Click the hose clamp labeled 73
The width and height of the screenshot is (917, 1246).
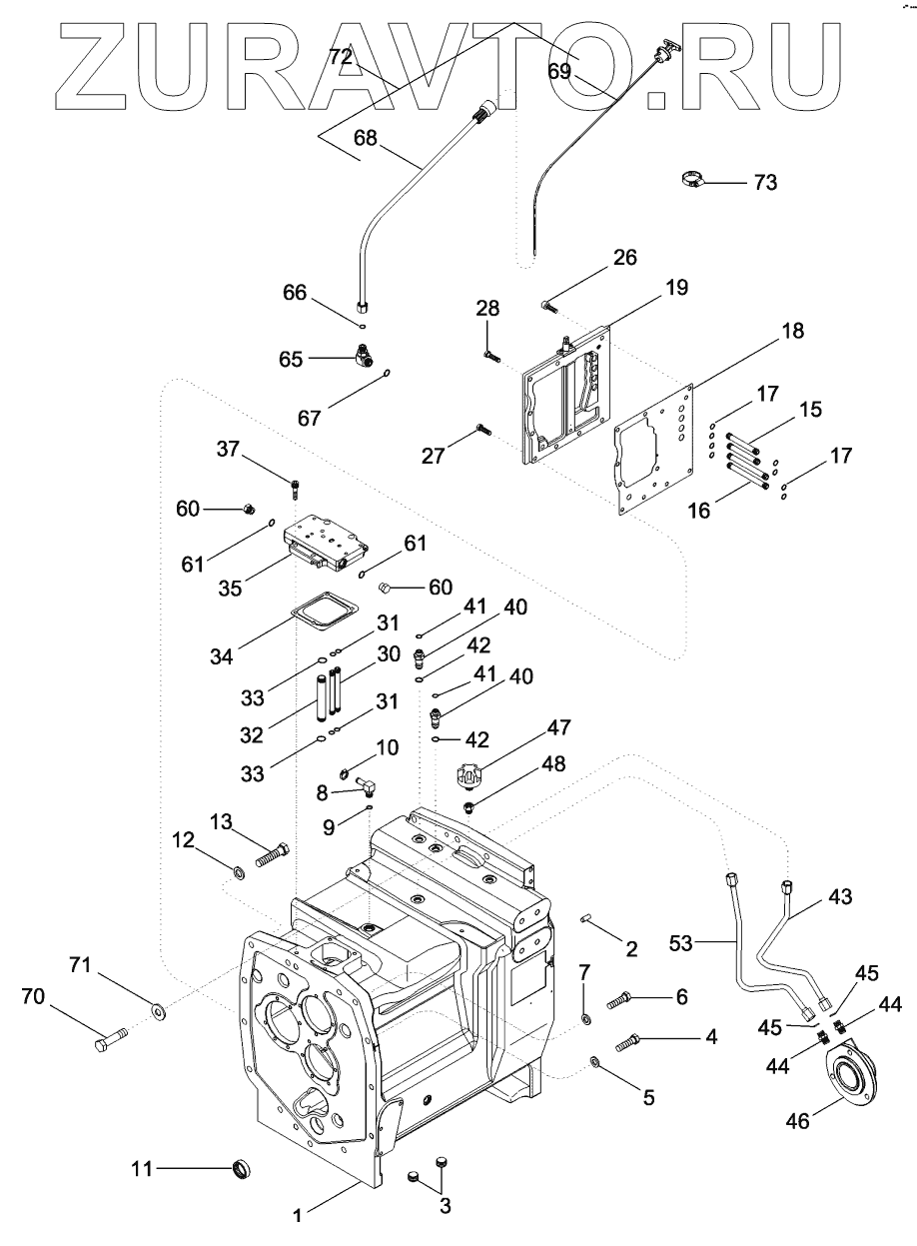pos(693,179)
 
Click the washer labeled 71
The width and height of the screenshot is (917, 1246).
pos(158,1008)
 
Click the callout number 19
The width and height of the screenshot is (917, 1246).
pos(677,287)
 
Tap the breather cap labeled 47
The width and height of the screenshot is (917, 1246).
pos(468,774)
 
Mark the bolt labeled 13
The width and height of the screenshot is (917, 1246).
pos(273,856)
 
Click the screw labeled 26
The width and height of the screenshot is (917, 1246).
pos(548,306)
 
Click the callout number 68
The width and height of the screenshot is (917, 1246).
pos(366,138)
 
